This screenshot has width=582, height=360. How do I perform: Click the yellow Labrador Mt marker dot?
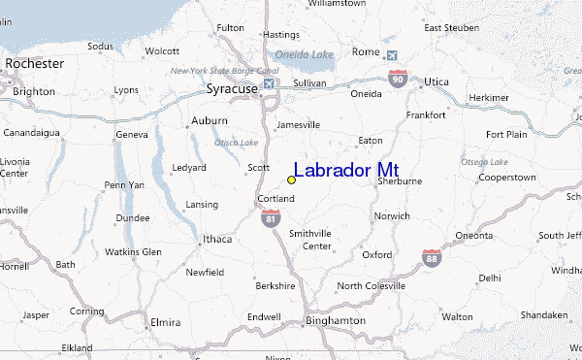291,180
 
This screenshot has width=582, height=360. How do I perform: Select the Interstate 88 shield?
433,258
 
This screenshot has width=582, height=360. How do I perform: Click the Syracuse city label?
232,88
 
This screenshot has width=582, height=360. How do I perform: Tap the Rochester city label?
34,64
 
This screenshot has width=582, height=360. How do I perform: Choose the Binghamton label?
334,319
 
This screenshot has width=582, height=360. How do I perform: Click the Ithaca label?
217,239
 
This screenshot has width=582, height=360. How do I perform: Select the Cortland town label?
275,199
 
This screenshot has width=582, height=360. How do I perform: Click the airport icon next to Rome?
391,54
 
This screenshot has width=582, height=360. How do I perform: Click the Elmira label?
166,321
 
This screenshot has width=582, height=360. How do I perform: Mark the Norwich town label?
393,215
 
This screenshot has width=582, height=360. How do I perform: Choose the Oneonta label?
474,235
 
